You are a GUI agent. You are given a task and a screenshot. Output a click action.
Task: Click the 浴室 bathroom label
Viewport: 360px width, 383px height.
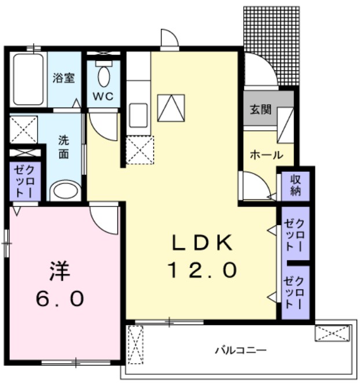coord(64,78)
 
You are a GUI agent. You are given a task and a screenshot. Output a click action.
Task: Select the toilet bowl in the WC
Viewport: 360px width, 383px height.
coord(104,76)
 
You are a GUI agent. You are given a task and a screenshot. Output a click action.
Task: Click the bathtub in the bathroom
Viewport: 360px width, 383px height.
coord(28,80)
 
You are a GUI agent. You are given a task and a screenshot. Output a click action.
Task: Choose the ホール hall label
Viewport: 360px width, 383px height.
coord(266,155)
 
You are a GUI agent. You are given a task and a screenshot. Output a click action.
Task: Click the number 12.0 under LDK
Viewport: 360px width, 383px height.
coord(202,269)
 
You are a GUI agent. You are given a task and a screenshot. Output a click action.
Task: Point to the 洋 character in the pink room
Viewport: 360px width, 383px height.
coord(59,271)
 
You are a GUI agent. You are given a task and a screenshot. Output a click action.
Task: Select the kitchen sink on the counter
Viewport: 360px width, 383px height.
coord(138,112)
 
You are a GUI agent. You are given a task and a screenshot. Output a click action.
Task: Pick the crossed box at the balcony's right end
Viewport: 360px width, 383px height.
coord(332,333)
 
